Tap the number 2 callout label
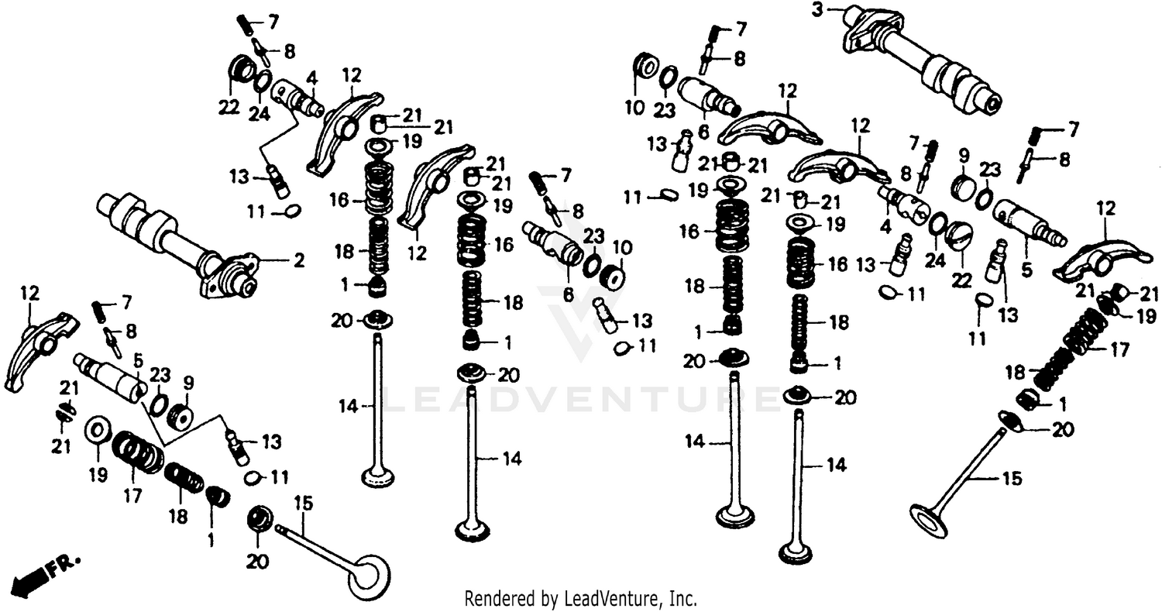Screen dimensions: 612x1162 click(298, 261)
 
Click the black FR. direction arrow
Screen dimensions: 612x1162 click(29, 576)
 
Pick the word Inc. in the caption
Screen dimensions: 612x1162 click(682, 598)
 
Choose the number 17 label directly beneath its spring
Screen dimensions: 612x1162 click(132, 497)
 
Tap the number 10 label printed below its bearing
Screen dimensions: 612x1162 click(634, 107)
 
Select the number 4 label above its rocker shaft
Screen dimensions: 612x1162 click(312, 78)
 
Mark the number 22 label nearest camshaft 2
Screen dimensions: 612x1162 click(229, 108)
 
